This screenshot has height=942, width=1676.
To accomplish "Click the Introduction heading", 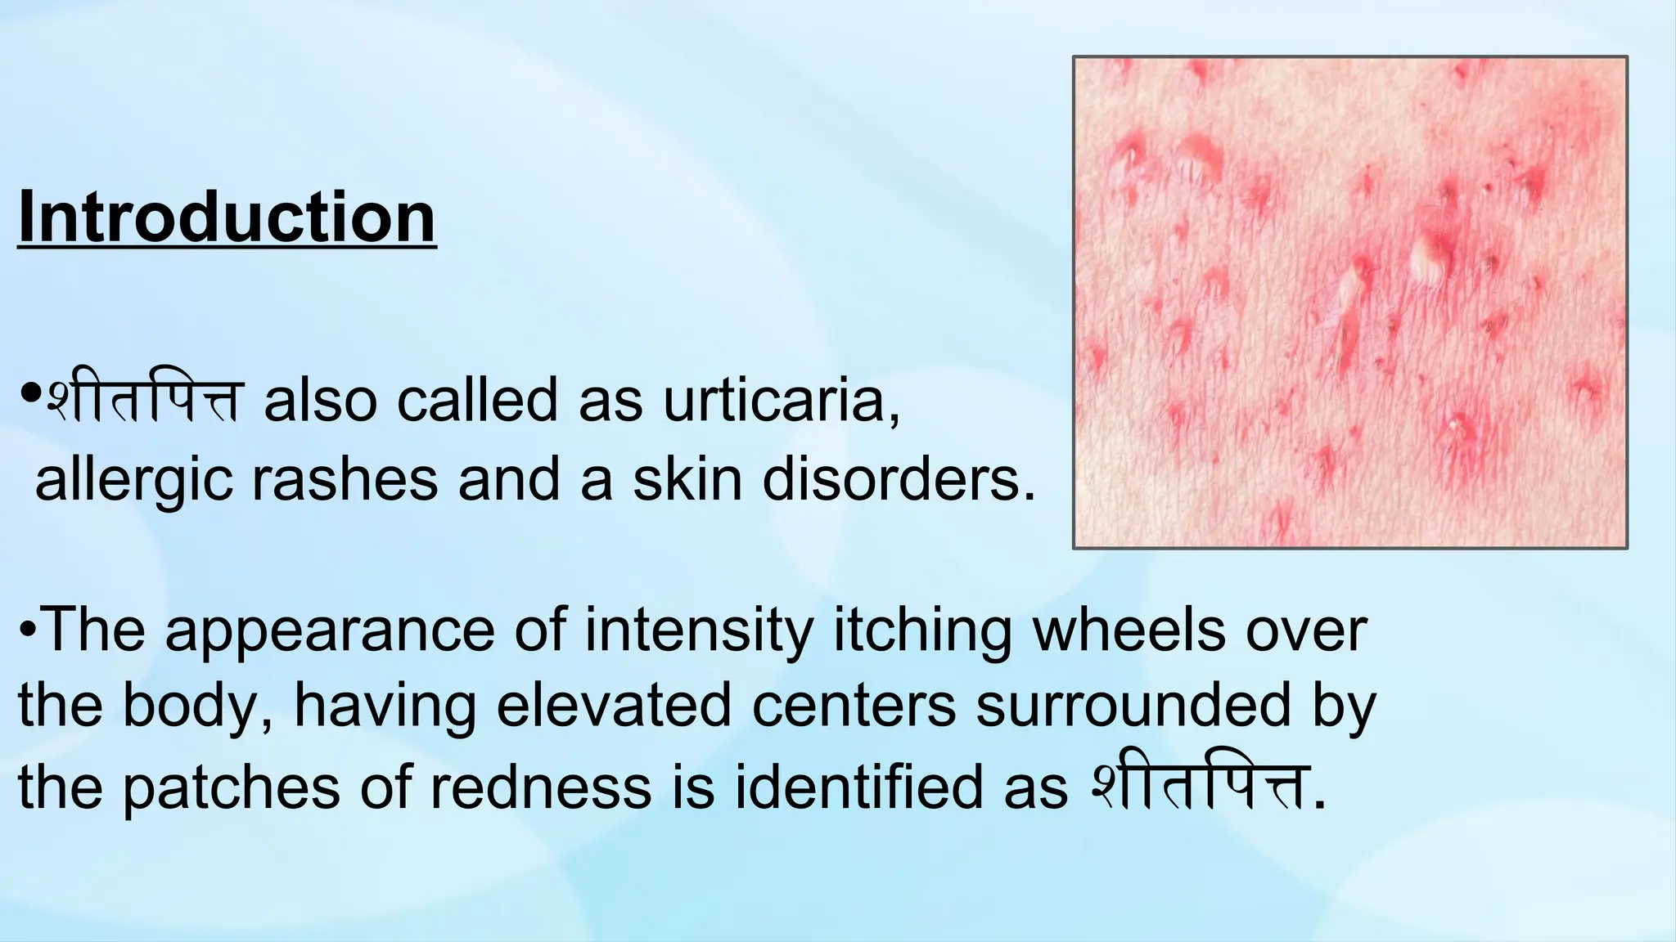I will tap(227, 218).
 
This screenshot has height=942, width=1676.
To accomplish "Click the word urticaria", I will tap(781, 401).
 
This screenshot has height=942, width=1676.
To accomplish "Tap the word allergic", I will tap(133, 481).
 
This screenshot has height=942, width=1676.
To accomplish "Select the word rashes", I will tap(345, 481).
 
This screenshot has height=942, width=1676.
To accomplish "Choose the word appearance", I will tap(330, 632).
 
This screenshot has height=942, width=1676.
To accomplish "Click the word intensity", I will tap(699, 630).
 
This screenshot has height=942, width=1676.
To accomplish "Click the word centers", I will tap(854, 706).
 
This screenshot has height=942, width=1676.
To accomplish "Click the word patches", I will tap(232, 788).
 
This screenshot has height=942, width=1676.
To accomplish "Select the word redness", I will tap(540, 787).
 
